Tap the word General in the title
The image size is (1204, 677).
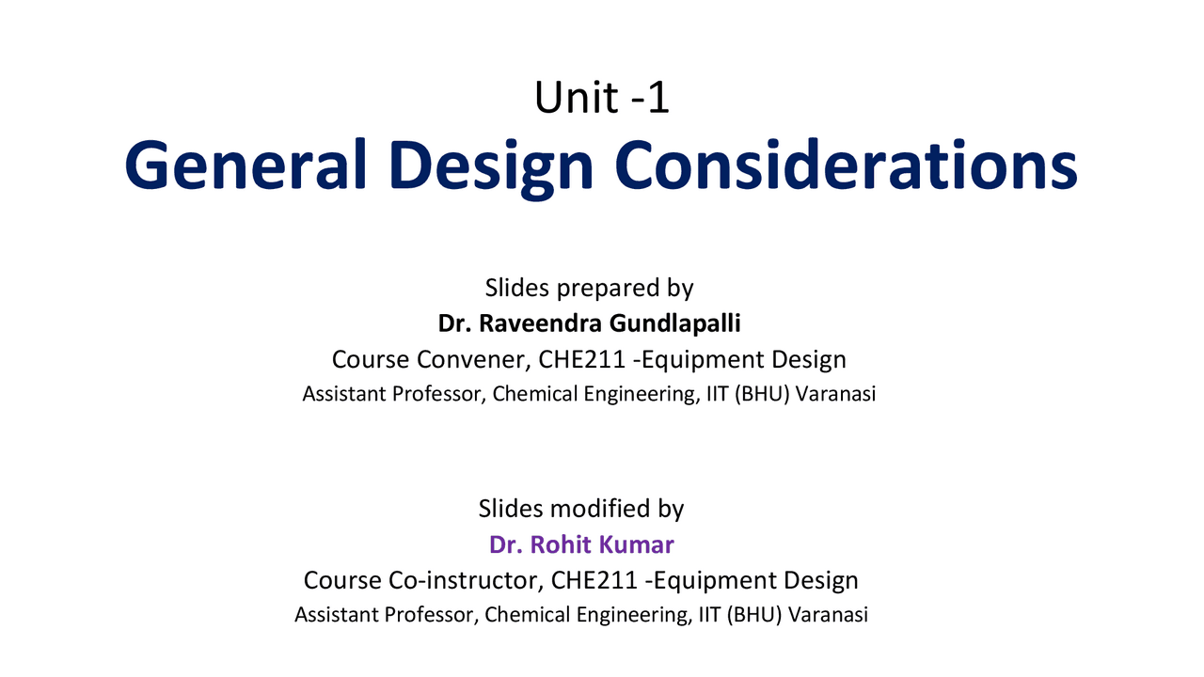point(246,165)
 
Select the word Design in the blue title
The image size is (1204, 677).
point(491,166)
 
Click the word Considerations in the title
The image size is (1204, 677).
point(846,165)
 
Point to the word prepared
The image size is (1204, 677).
point(608,289)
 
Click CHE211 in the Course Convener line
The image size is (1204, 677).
point(582,359)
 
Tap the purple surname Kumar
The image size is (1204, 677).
point(636,544)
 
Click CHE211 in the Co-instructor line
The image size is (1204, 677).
point(594,580)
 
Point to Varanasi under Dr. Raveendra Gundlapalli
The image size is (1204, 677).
point(836,394)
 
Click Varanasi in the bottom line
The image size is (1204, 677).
point(828,615)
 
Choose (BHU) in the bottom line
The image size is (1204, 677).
point(754,615)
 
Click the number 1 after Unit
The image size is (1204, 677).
point(659,98)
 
